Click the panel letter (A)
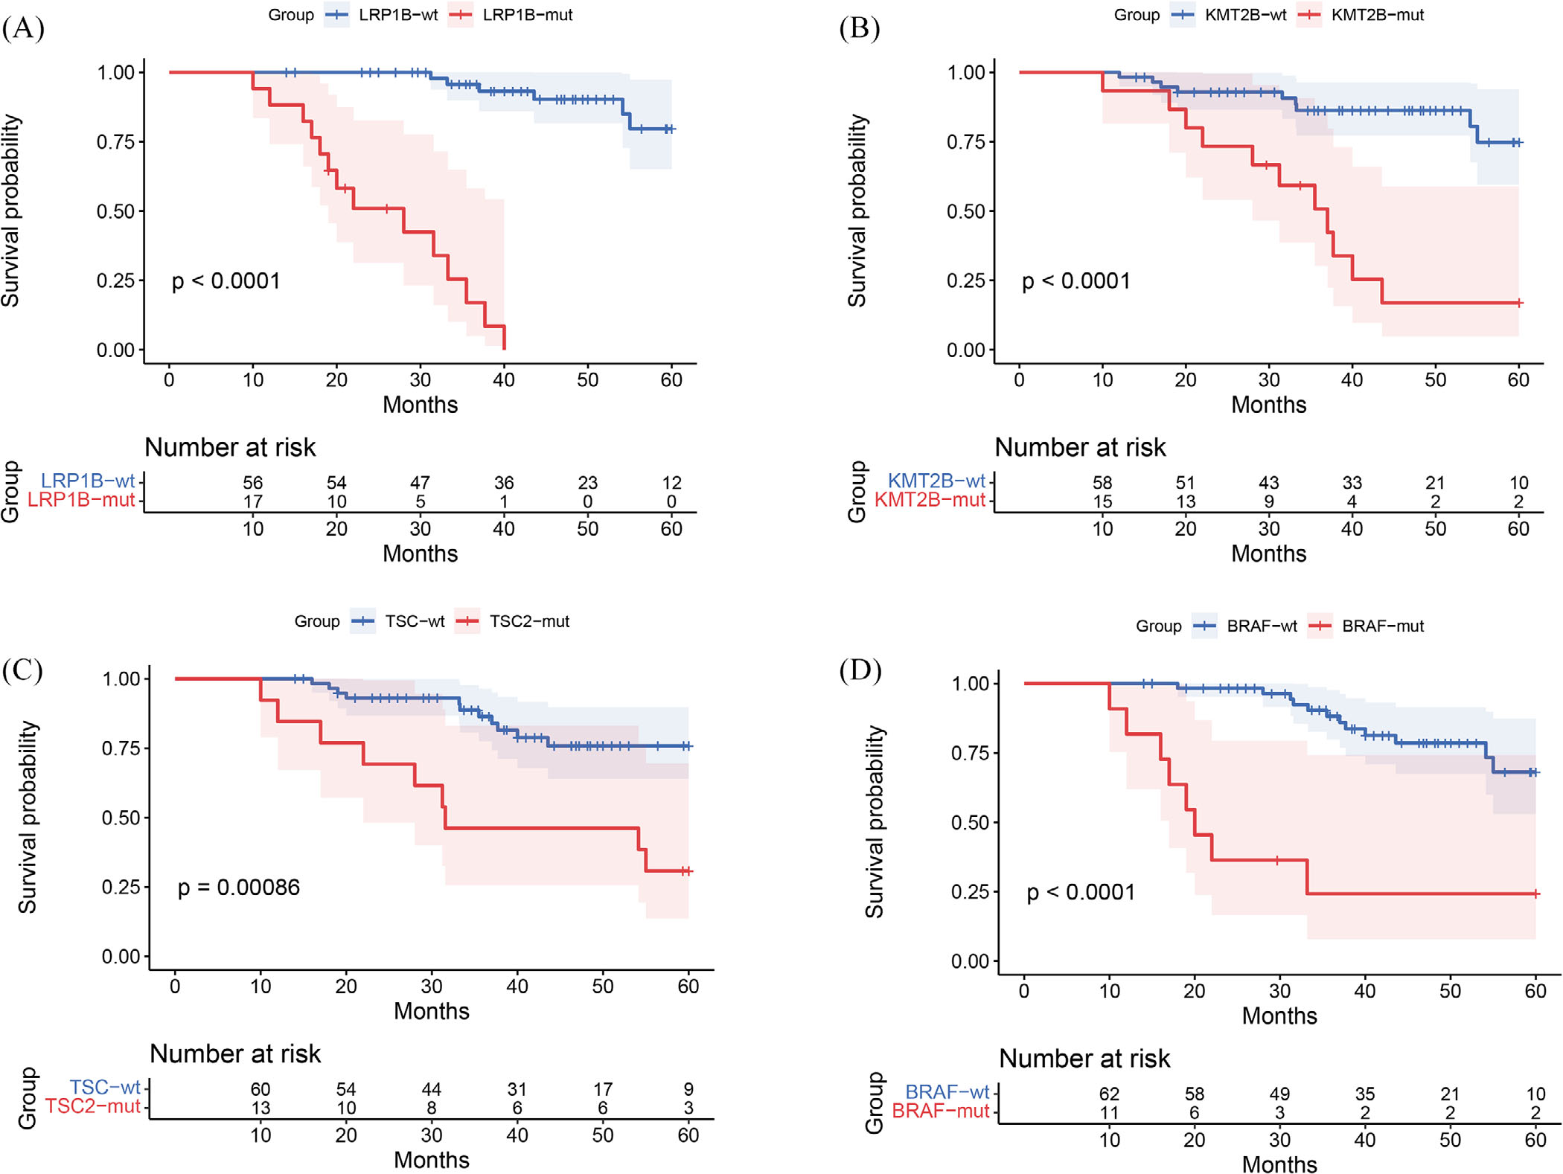(23, 28)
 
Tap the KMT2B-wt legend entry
(1230, 15)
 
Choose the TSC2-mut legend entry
(514, 621)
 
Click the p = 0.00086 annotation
(238, 887)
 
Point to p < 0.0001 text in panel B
(1075, 280)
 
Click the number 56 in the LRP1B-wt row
(252, 483)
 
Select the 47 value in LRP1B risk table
(420, 483)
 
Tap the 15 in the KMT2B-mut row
(1102, 501)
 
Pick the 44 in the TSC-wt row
(431, 1089)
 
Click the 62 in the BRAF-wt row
(1109, 1094)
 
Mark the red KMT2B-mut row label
(930, 500)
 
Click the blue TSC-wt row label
(105, 1088)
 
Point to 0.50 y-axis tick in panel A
(115, 211)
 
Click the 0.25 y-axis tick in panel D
(970, 891)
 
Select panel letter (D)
(860, 670)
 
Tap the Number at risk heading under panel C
(235, 1053)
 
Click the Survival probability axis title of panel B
(857, 211)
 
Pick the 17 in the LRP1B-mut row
(252, 501)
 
